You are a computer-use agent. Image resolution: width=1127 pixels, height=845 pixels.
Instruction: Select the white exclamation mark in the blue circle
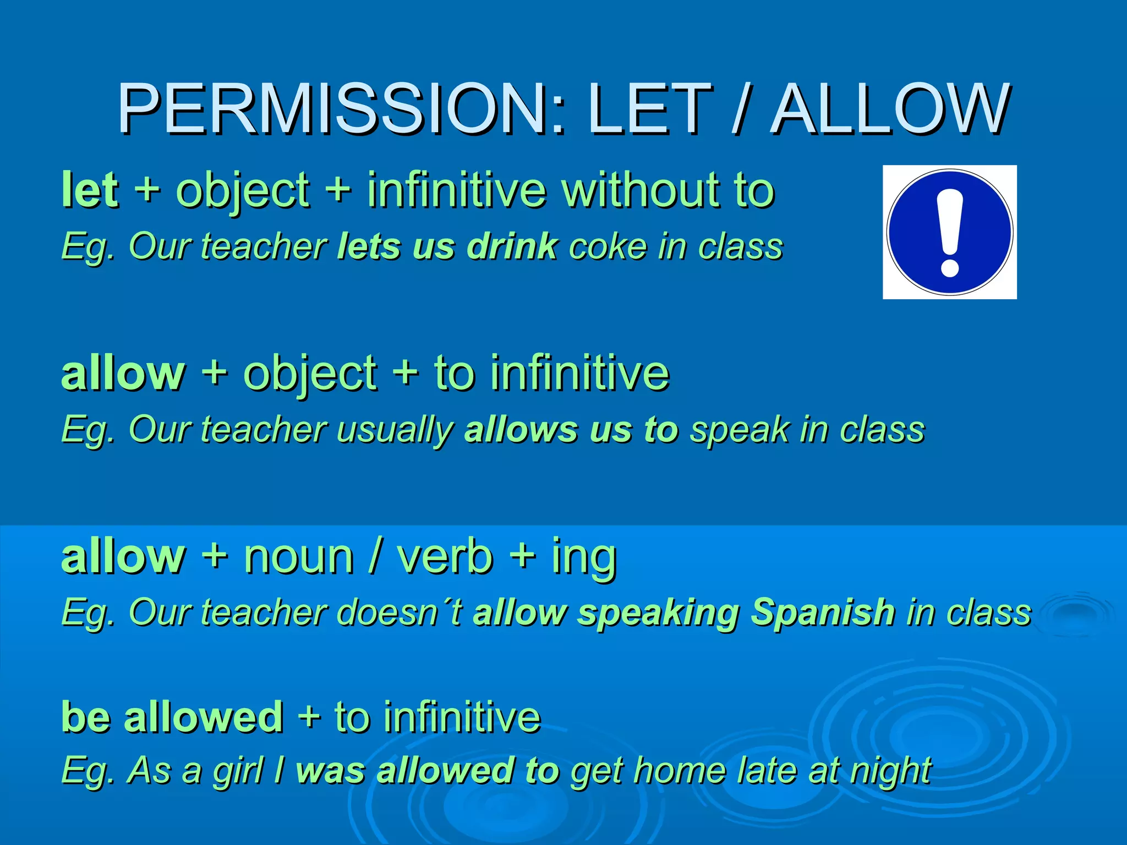click(x=950, y=232)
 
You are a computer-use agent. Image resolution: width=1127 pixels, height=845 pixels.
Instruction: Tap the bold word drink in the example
click(x=512, y=246)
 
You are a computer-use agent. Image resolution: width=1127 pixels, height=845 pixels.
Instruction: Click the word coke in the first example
click(x=608, y=246)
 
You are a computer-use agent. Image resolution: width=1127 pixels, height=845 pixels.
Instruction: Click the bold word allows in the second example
click(x=521, y=430)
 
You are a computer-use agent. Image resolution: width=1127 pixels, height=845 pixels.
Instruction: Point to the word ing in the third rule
click(x=584, y=557)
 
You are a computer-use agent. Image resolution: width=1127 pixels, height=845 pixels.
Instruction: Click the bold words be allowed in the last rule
click(x=172, y=717)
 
